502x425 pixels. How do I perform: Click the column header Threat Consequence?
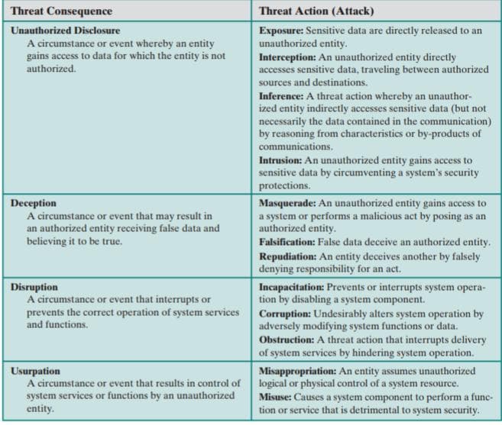click(x=61, y=11)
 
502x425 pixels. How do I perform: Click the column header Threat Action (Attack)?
click(x=312, y=11)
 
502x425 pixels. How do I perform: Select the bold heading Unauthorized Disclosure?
click(x=65, y=31)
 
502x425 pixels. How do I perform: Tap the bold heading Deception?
click(x=34, y=203)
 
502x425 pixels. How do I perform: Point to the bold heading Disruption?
click(x=34, y=287)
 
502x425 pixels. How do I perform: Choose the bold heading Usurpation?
click(x=37, y=370)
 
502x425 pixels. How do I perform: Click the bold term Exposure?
click(x=280, y=31)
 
